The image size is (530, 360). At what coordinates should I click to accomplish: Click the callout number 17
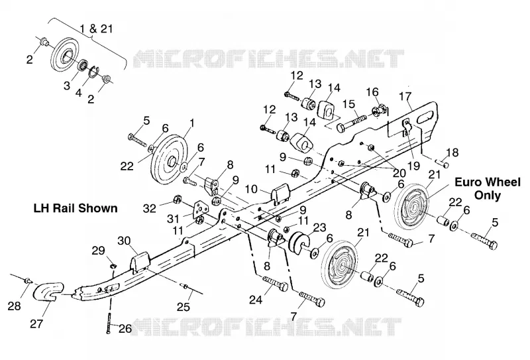coord(405,97)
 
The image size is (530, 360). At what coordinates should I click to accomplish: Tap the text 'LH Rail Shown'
coord(76,208)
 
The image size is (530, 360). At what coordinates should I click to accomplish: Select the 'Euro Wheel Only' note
coord(488,188)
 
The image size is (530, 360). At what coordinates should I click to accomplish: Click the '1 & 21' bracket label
coord(96,29)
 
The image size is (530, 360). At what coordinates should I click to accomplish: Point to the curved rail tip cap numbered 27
coord(47,291)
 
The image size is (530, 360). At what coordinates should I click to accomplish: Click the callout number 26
coord(125,329)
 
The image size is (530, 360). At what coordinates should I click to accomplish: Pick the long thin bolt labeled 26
coord(109,322)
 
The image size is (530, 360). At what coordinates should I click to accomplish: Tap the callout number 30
coord(124,241)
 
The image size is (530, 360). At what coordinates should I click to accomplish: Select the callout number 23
coord(320,229)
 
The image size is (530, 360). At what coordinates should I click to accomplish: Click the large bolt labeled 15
coord(352,123)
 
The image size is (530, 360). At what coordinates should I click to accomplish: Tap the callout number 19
coord(413,165)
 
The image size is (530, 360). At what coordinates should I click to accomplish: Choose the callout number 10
coord(251,190)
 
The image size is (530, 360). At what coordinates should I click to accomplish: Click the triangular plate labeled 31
coord(201,211)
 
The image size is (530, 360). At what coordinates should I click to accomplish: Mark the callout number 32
coord(150,208)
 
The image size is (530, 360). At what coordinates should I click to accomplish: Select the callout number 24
coord(256,300)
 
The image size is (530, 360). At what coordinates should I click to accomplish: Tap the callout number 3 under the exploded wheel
coord(67,86)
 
